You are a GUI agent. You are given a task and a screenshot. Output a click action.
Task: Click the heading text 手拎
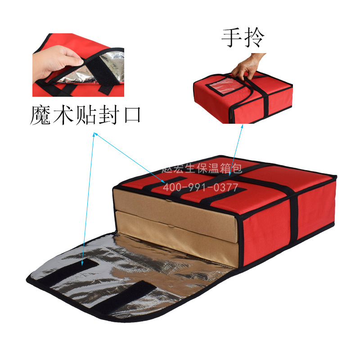[x=242, y=39]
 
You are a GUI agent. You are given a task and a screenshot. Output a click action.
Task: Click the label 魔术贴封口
[x=86, y=115]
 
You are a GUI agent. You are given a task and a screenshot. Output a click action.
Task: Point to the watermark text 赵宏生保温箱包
[x=202, y=169]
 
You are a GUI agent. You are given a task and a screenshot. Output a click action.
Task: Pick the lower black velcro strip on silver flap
[x=121, y=297]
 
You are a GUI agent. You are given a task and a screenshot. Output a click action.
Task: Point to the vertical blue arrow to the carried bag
[x=237, y=148]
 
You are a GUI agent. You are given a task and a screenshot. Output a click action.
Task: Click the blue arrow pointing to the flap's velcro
[x=88, y=198]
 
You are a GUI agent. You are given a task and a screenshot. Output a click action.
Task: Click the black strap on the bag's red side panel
[x=293, y=216]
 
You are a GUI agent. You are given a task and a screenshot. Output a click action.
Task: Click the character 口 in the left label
[x=130, y=115]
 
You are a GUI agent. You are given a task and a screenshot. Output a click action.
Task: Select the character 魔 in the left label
[x=41, y=115]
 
